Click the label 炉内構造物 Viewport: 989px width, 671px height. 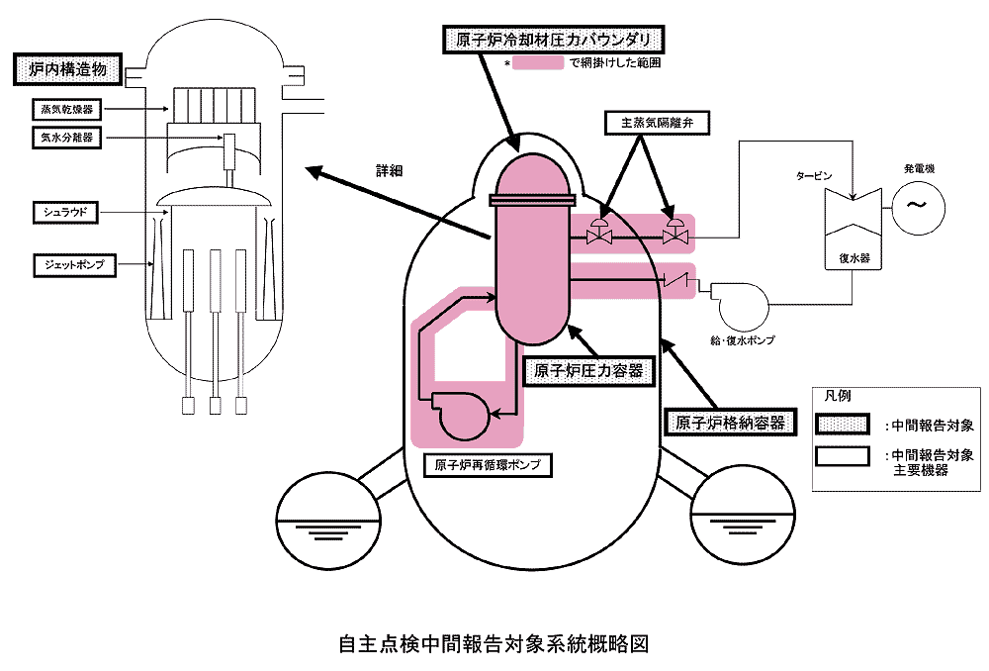(67, 71)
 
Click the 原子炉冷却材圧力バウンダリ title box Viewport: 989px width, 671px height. (552, 41)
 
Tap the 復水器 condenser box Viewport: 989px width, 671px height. (853, 259)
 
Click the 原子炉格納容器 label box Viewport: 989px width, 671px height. (730, 423)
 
